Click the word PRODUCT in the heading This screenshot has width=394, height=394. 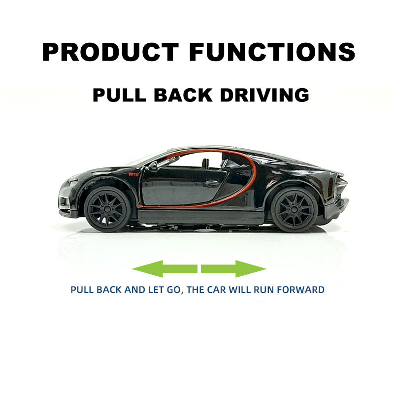point(110,52)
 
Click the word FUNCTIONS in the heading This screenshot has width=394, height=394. point(272,52)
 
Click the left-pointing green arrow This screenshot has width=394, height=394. point(165,269)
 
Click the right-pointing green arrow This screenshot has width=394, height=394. point(233,269)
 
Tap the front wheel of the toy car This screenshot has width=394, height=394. point(107,209)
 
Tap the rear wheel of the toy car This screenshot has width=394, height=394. point(294,211)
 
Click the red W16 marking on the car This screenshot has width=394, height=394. point(133,174)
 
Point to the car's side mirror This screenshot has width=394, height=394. point(153,166)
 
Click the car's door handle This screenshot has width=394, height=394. point(212,183)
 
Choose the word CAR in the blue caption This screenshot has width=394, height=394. point(217,290)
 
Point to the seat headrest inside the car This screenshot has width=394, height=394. point(205,163)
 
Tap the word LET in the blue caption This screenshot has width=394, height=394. point(156,290)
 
